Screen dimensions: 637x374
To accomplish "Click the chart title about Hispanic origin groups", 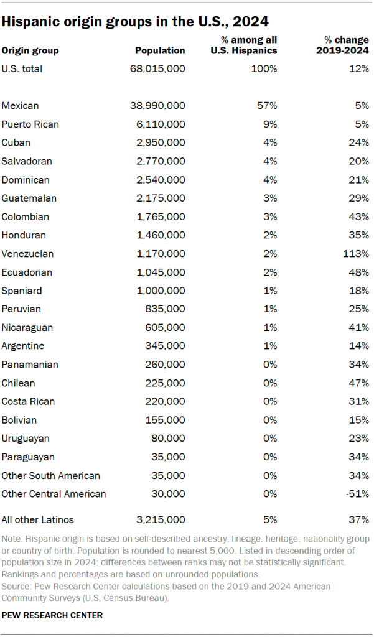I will click(135, 21).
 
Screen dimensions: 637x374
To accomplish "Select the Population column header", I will click(160, 50).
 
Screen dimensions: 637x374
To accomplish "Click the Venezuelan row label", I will click(27, 254).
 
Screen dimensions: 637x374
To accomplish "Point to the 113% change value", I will click(358, 254).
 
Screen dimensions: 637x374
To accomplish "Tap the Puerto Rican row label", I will click(30, 124).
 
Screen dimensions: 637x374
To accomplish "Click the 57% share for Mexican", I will click(268, 106).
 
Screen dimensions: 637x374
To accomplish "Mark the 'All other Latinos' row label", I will click(38, 519).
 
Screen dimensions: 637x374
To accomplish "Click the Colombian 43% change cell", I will click(360, 216).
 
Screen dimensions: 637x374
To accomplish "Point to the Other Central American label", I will click(54, 494).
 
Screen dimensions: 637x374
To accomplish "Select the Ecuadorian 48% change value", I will click(360, 272).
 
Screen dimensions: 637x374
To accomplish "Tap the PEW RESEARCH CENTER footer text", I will click(52, 615).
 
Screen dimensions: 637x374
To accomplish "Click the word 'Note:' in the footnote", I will click(13, 538).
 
